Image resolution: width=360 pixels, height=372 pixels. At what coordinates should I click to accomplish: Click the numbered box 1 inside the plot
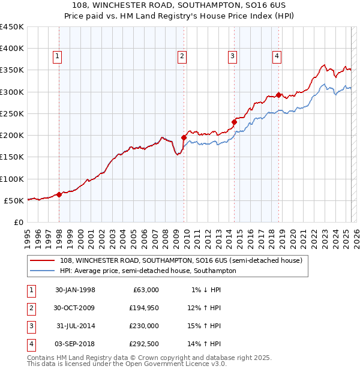coord(57,56)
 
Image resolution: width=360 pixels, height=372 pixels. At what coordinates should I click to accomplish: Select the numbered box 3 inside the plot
coord(232,56)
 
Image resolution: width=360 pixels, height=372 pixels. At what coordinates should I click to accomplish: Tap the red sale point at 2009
coord(184,137)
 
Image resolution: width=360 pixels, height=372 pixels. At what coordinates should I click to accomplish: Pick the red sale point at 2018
coord(279,95)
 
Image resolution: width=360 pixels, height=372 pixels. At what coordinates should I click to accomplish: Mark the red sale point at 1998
coord(59,194)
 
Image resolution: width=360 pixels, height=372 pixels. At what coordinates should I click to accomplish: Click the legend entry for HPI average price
coord(148,271)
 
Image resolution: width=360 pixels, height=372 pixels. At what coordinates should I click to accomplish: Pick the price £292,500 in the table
coord(143,344)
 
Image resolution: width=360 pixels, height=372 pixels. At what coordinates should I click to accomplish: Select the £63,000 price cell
coord(146,290)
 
